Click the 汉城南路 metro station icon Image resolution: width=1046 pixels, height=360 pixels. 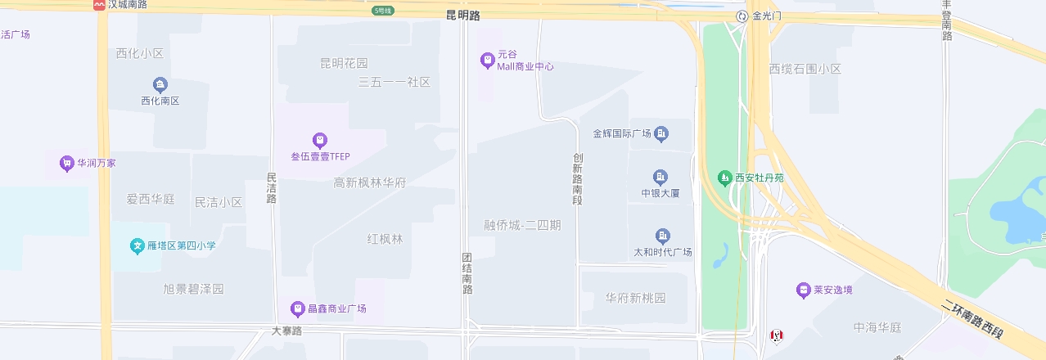(x=99, y=5)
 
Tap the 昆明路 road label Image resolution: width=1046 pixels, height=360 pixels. (x=463, y=16)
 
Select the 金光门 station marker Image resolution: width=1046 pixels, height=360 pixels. (x=742, y=16)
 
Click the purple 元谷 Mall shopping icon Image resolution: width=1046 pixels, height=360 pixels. (x=487, y=60)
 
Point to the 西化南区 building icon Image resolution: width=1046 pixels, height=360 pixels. (x=160, y=84)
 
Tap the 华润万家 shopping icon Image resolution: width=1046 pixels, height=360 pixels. (x=66, y=163)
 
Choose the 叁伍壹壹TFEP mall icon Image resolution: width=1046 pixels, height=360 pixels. (x=320, y=140)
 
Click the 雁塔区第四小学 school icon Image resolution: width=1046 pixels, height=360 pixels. (x=137, y=245)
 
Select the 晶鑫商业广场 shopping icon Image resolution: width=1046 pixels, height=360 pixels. (x=298, y=308)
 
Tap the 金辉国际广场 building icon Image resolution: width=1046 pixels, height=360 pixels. (x=661, y=133)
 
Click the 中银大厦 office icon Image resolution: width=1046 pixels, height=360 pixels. (x=661, y=177)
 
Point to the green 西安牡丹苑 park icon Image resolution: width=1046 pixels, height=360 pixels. (x=724, y=177)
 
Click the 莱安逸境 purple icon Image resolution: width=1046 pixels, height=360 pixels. (x=803, y=290)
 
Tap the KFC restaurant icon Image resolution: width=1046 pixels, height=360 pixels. (x=776, y=335)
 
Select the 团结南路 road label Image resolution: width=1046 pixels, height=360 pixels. (x=467, y=273)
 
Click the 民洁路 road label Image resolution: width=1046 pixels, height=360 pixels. (x=272, y=188)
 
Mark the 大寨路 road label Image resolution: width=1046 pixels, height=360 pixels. (x=287, y=331)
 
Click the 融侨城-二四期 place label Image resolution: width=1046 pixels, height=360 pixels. (x=522, y=225)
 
